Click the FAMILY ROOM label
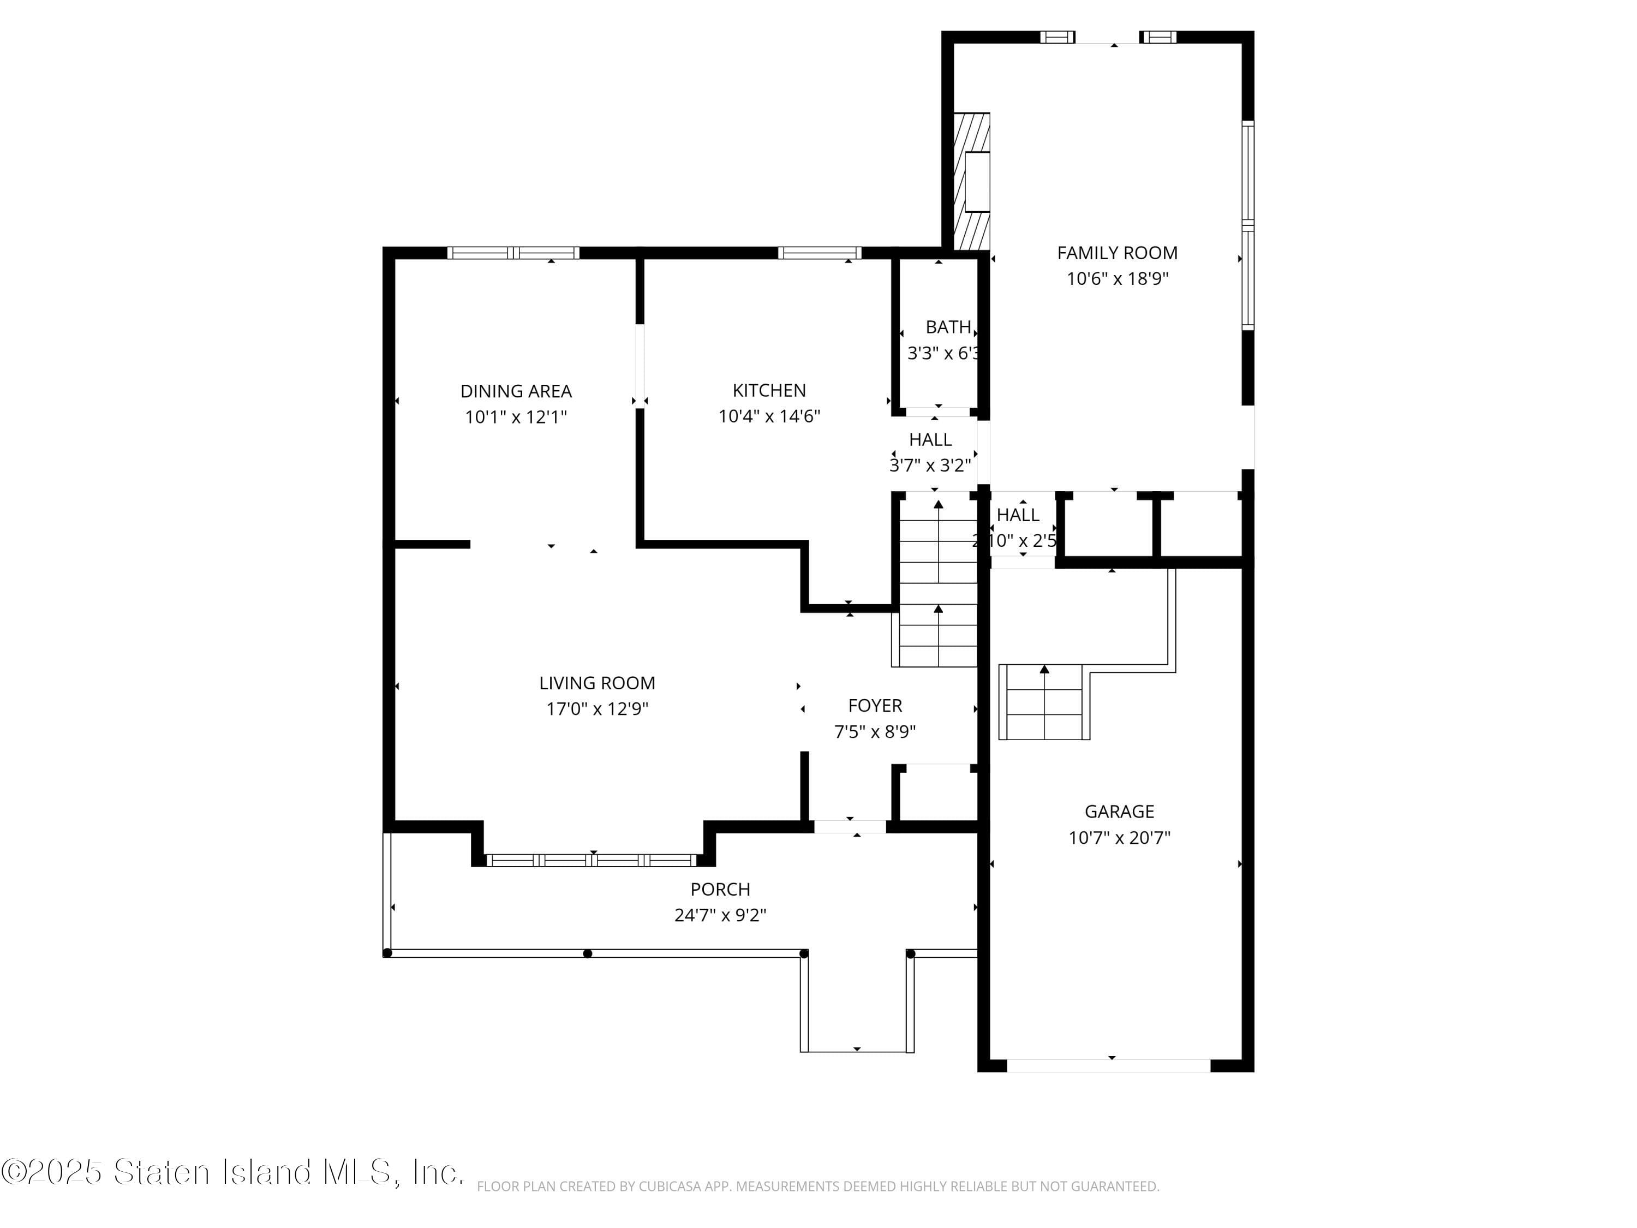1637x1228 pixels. coord(1117,253)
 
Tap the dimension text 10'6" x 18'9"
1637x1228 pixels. coord(1117,279)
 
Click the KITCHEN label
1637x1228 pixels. coord(769,390)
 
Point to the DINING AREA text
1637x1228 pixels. coord(516,391)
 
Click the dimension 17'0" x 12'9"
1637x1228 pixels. coord(597,709)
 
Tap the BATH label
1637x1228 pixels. coord(947,327)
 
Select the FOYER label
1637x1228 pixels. coord(875,705)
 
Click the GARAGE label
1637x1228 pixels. coord(1119,811)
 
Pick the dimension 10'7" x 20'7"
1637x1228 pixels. coord(1119,838)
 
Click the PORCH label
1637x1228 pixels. coord(720,889)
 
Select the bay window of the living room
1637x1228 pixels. coord(592,860)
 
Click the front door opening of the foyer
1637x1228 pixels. coord(850,827)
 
